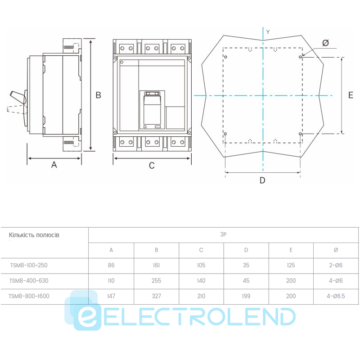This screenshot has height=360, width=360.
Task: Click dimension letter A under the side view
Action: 54,165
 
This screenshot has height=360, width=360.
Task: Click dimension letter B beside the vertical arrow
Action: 98,95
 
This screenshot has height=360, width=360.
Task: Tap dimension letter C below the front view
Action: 152,166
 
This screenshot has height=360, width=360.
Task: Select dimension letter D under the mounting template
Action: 262,180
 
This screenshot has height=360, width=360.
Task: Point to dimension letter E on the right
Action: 351,95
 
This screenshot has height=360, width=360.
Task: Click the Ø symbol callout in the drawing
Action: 325,43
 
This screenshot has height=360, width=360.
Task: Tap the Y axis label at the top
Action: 268,32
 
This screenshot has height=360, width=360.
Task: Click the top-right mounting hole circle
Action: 300,57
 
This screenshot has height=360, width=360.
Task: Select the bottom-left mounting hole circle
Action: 225,134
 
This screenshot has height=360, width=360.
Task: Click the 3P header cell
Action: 223,234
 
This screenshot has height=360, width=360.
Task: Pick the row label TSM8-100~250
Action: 29,265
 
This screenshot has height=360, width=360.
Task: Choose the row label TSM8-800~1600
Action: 29,296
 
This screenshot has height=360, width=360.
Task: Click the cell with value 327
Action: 156,296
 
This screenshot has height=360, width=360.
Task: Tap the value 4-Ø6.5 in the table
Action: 336,296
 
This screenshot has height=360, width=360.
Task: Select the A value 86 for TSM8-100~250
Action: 111,265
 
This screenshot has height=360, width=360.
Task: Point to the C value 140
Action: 201,280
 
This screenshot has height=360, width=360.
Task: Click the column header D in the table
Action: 246,250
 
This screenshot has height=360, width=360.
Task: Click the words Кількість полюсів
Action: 34,235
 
